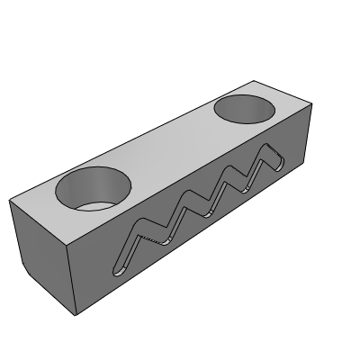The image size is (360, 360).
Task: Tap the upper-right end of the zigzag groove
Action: pos(278,163)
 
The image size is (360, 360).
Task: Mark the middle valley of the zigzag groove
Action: pos(208,213)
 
